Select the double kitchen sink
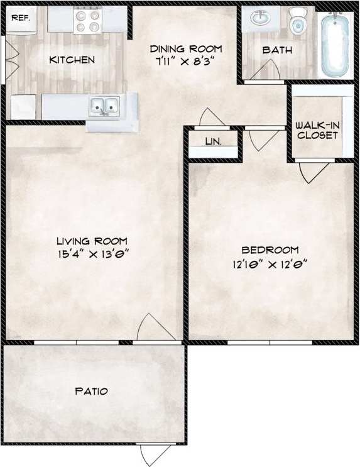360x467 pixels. [104, 106]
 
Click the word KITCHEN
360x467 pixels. [72, 60]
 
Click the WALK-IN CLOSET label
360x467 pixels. [318, 130]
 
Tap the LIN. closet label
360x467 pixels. [213, 141]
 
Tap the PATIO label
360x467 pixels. [92, 391]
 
